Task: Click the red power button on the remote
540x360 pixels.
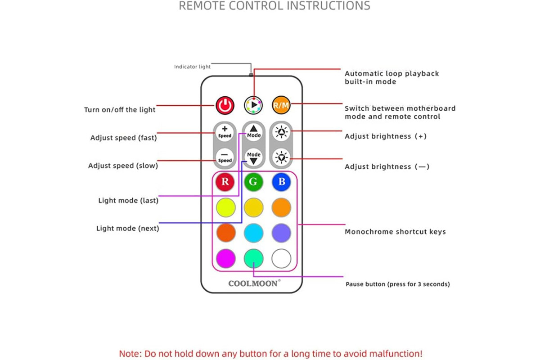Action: (x=225, y=105)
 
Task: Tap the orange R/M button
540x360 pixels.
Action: (x=281, y=105)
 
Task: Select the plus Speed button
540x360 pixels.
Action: (x=225, y=132)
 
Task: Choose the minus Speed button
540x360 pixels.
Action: (x=225, y=157)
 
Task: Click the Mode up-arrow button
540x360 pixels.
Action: (x=254, y=132)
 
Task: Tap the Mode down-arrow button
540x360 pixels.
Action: (x=254, y=157)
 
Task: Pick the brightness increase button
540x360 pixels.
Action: (x=281, y=132)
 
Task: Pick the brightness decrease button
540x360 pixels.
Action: (x=281, y=157)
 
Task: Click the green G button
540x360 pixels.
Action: (x=253, y=182)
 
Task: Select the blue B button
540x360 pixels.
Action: (x=281, y=182)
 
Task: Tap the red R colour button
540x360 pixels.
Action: (x=225, y=182)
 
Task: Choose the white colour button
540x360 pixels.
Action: (x=281, y=258)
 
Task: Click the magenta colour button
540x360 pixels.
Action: (x=226, y=258)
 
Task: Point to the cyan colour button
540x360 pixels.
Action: (x=254, y=233)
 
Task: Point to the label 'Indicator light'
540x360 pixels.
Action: (x=192, y=67)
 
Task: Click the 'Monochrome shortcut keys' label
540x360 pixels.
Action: (x=395, y=232)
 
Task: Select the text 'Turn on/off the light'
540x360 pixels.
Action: (x=120, y=110)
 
